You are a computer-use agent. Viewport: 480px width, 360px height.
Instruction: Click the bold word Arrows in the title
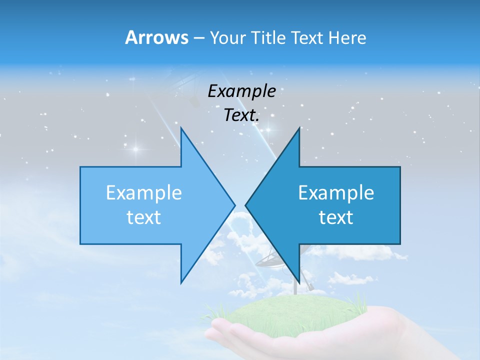156,37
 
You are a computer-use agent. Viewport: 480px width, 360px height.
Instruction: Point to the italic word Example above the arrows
242,91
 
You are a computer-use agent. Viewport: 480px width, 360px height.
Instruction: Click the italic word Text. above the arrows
242,115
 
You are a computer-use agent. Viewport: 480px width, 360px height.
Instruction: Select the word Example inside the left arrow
144,193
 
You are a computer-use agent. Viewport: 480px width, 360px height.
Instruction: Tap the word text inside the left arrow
144,217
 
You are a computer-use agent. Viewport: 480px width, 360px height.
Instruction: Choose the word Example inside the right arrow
336,193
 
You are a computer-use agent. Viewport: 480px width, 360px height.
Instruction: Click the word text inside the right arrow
336,217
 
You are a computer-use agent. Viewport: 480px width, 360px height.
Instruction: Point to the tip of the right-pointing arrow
234,204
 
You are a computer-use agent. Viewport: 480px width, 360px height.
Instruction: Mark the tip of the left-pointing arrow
246,204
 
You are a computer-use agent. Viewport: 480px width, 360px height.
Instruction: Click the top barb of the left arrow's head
181,129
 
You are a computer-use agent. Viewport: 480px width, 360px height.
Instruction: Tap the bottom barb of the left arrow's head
181,282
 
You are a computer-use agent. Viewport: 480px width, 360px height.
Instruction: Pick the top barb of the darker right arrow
299,129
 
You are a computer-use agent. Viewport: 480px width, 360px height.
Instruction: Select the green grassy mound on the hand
280,312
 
